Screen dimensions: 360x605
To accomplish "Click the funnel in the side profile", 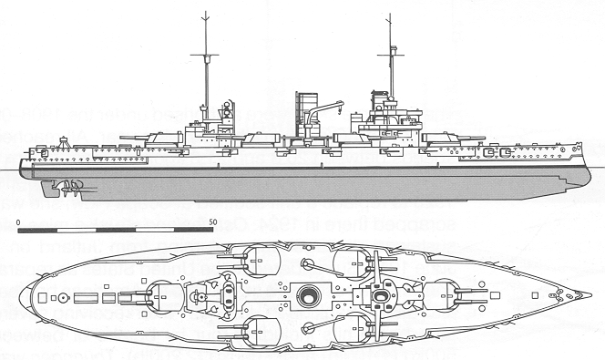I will [x=305, y=113].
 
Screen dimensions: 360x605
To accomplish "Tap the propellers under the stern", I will [x=66, y=187].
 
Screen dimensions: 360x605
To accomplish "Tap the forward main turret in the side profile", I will [x=446, y=135].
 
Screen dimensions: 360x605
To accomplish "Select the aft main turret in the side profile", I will [x=159, y=136].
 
